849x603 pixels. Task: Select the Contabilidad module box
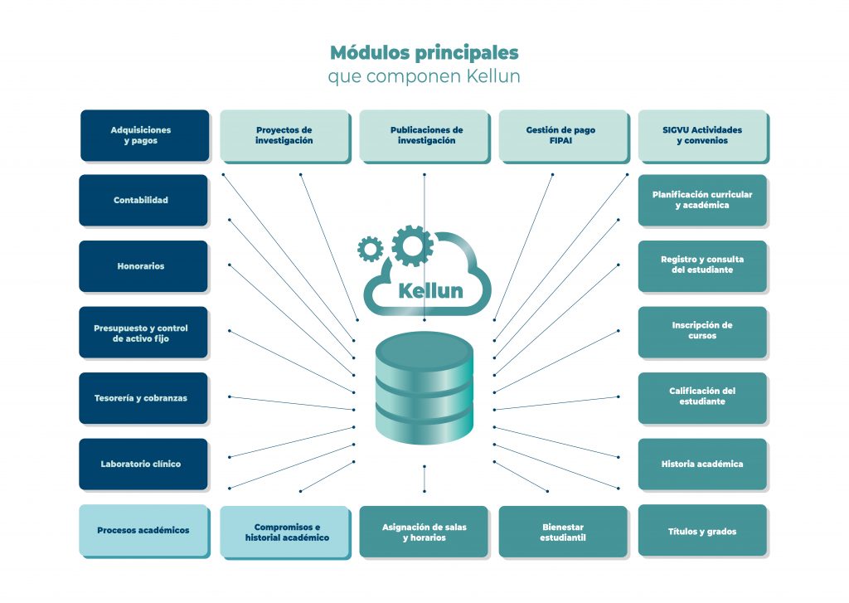click(x=143, y=200)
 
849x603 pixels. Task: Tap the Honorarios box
click(x=143, y=266)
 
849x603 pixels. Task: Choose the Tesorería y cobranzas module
click(x=143, y=398)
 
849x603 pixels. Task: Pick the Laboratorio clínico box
click(x=143, y=464)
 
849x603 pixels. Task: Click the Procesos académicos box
click(x=143, y=530)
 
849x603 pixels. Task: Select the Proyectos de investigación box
click(x=284, y=135)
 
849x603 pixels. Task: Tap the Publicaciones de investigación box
click(x=424, y=135)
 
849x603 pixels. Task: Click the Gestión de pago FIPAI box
click(x=563, y=135)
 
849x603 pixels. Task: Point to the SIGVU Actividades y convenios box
click(x=703, y=135)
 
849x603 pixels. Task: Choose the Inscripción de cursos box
click(x=702, y=331)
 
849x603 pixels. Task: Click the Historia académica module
click(x=702, y=464)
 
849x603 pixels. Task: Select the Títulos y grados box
click(x=702, y=531)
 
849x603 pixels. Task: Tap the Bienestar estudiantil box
click(x=563, y=532)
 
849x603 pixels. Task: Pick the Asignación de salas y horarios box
click(x=424, y=532)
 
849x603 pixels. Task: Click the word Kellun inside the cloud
click(x=430, y=291)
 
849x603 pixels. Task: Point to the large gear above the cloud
click(x=412, y=246)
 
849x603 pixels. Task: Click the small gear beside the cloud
click(x=370, y=247)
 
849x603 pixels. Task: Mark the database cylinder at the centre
click(x=424, y=388)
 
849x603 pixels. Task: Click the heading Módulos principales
click(x=424, y=52)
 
